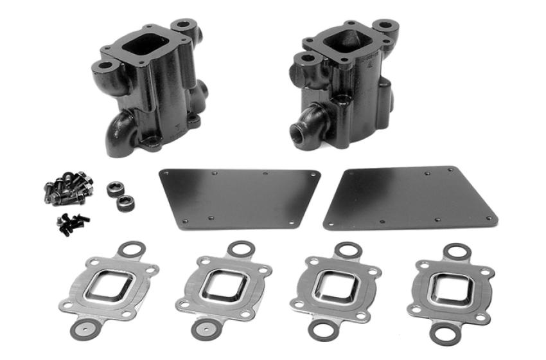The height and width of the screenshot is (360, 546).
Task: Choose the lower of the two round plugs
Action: (x=124, y=203)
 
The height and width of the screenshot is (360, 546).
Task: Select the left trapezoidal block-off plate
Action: (x=239, y=197)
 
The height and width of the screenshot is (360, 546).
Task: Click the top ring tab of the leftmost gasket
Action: (x=132, y=248)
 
